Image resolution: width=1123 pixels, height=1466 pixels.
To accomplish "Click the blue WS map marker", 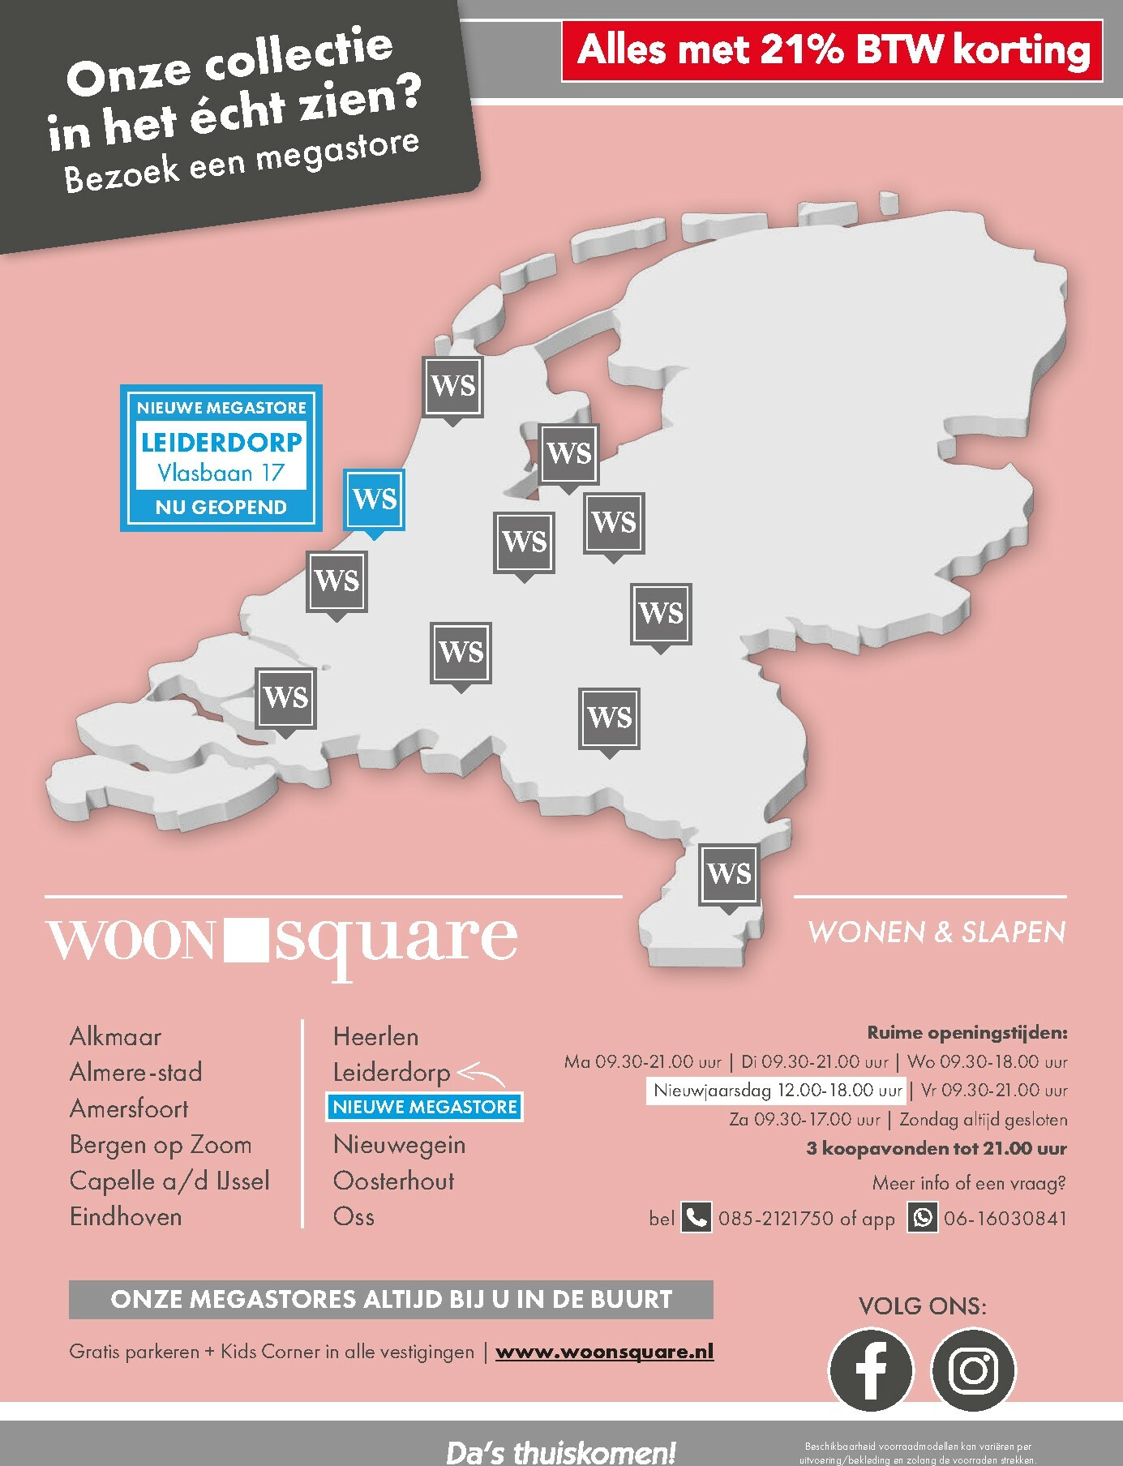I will click(374, 499).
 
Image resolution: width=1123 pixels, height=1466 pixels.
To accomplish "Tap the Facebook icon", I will click(870, 1370).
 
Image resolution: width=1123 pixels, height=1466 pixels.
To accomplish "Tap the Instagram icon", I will click(973, 1370).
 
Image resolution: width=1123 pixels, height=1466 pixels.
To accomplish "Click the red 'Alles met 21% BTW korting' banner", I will click(832, 51).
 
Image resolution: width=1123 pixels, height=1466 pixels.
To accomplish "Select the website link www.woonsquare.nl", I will click(604, 1352).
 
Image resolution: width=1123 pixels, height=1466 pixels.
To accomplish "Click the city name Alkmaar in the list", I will click(115, 1036).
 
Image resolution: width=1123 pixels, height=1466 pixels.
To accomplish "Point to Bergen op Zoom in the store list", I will click(161, 1144).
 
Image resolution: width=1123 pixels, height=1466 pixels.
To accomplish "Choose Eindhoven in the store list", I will click(126, 1216).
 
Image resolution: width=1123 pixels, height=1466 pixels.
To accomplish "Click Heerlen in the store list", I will click(375, 1036).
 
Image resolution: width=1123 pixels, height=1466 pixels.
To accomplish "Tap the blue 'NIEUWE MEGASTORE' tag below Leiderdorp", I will click(424, 1107).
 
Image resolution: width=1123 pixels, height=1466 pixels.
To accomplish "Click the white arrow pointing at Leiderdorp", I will click(482, 1074).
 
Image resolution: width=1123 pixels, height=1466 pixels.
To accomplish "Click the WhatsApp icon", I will click(922, 1217).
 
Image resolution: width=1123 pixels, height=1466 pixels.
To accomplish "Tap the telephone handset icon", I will click(696, 1217).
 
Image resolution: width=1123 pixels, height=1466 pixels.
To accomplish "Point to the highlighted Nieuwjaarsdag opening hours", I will click(778, 1091).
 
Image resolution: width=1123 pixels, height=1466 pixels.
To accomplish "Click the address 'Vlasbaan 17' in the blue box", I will click(221, 472).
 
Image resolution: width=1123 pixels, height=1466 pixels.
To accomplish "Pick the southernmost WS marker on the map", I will click(729, 874).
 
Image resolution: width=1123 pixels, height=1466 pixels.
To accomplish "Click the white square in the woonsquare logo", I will click(243, 940).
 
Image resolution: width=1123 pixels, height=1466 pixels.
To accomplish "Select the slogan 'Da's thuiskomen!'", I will click(560, 1451).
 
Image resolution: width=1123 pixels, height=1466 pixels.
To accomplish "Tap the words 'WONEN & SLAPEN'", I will click(937, 932).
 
